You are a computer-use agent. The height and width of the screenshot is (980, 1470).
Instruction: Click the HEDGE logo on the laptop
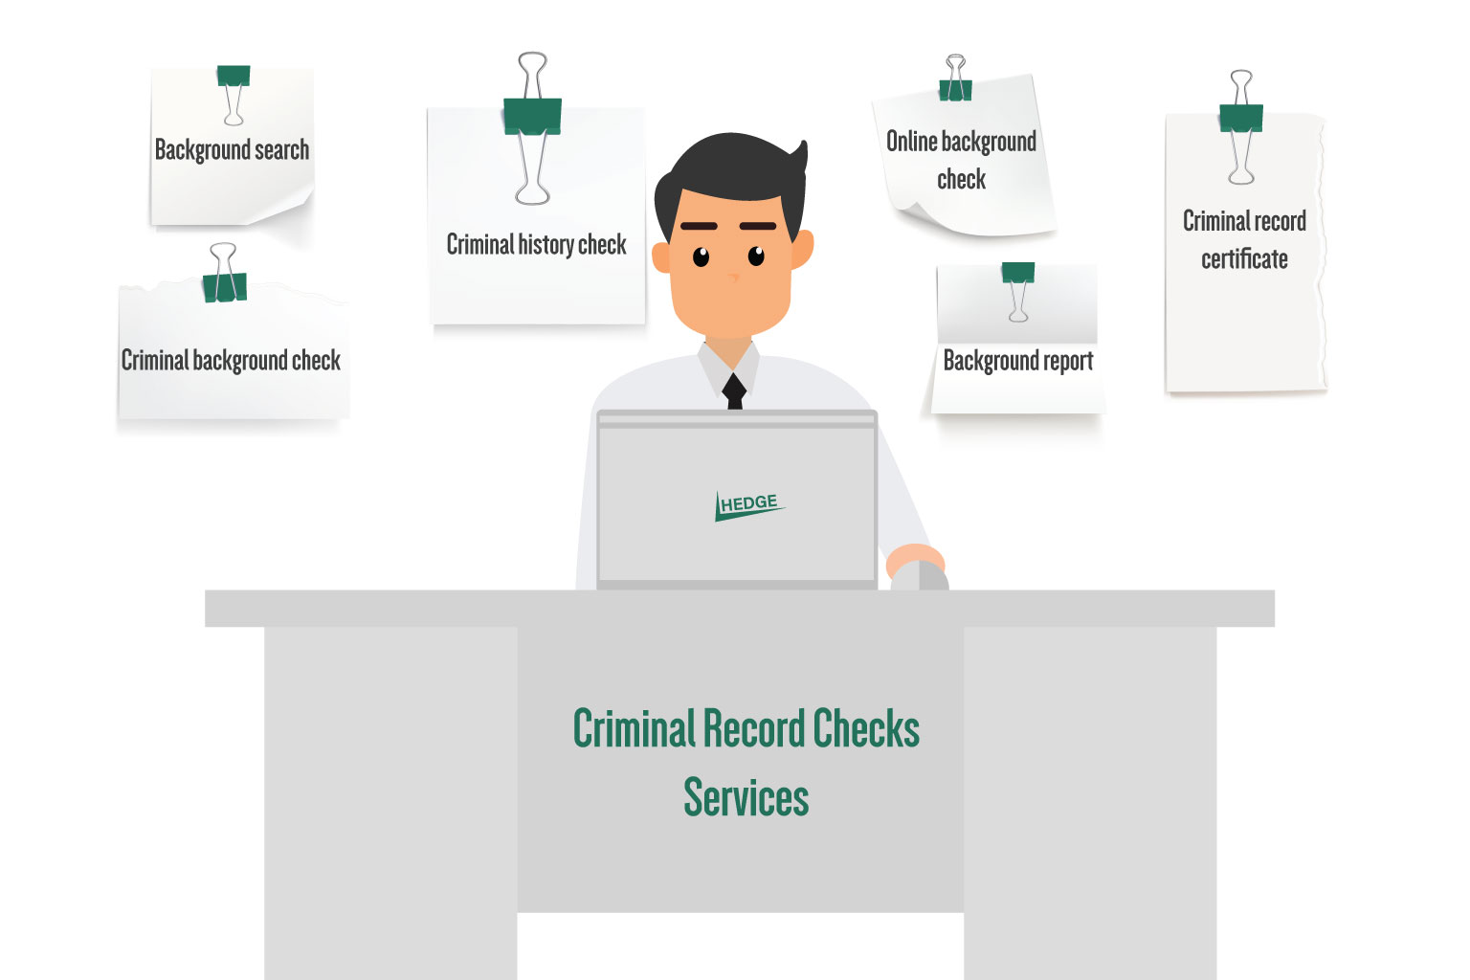tap(749, 506)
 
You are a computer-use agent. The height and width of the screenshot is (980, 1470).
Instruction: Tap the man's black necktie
tap(734, 391)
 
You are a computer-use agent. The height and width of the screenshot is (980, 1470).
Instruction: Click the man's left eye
tap(756, 256)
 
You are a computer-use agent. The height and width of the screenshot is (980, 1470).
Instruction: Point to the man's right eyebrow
tap(699, 226)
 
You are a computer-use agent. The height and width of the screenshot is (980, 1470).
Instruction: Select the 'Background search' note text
tap(232, 150)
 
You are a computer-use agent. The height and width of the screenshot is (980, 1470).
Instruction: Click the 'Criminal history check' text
tap(536, 244)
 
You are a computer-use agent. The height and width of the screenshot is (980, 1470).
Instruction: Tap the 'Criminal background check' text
tap(231, 361)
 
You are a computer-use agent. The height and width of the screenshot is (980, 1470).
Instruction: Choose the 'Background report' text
tap(1018, 361)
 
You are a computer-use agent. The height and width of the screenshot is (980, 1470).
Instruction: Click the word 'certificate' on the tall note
tap(1244, 259)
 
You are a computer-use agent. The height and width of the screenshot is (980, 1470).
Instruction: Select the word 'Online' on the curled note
tap(911, 141)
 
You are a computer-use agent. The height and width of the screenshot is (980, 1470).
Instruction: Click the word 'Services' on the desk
tap(746, 797)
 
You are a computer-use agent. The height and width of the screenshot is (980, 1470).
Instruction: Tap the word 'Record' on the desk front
tap(754, 728)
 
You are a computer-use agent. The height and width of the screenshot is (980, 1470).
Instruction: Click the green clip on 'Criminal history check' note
tap(532, 116)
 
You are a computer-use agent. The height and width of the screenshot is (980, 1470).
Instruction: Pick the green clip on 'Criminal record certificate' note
tap(1241, 118)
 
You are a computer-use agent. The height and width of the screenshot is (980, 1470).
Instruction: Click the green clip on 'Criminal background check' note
tap(225, 287)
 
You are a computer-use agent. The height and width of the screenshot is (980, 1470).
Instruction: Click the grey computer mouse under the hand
tap(920, 576)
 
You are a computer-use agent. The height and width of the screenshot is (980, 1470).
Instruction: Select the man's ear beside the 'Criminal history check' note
tap(661, 257)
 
